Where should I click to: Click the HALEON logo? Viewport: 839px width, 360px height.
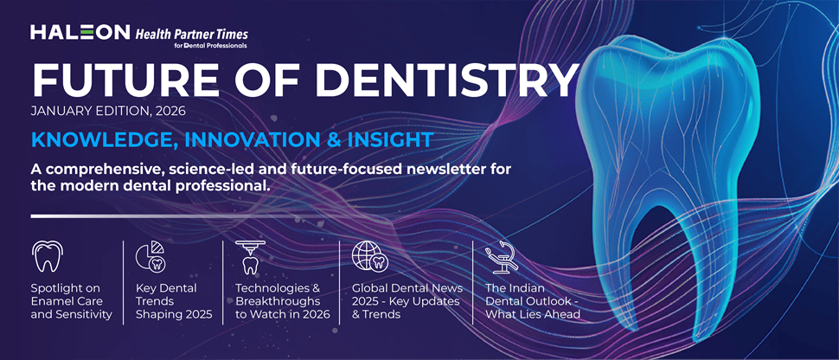click(80, 33)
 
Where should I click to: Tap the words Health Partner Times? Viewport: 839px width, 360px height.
click(191, 33)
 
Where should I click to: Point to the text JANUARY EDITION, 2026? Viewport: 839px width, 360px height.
click(108, 112)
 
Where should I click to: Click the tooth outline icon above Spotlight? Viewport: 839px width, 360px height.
click(47, 257)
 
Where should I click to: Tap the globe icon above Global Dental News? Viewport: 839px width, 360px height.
click(368, 257)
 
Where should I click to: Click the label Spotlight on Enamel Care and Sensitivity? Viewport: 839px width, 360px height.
click(71, 300)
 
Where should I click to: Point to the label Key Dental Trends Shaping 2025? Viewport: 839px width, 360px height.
click(166, 300)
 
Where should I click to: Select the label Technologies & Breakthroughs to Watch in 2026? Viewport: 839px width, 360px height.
click(283, 300)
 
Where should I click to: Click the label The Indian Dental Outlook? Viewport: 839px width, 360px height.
click(531, 300)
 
